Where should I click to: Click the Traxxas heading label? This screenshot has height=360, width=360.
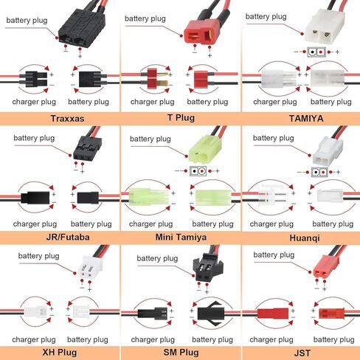point(67,119)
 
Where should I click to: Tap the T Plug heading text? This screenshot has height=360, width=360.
point(181,118)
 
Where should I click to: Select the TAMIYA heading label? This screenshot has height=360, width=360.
point(306,119)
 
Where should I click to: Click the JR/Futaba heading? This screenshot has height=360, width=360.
point(68,238)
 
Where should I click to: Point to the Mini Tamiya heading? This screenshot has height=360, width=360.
point(181,238)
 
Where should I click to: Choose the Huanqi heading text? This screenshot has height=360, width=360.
point(305,238)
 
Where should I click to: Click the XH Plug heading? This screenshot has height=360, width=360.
point(60,353)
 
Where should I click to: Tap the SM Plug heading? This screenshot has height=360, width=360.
point(181,353)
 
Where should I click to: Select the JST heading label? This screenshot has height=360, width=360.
point(302,353)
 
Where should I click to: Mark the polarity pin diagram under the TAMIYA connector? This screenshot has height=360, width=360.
point(316,52)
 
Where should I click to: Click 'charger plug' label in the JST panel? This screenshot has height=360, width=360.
point(271,339)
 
